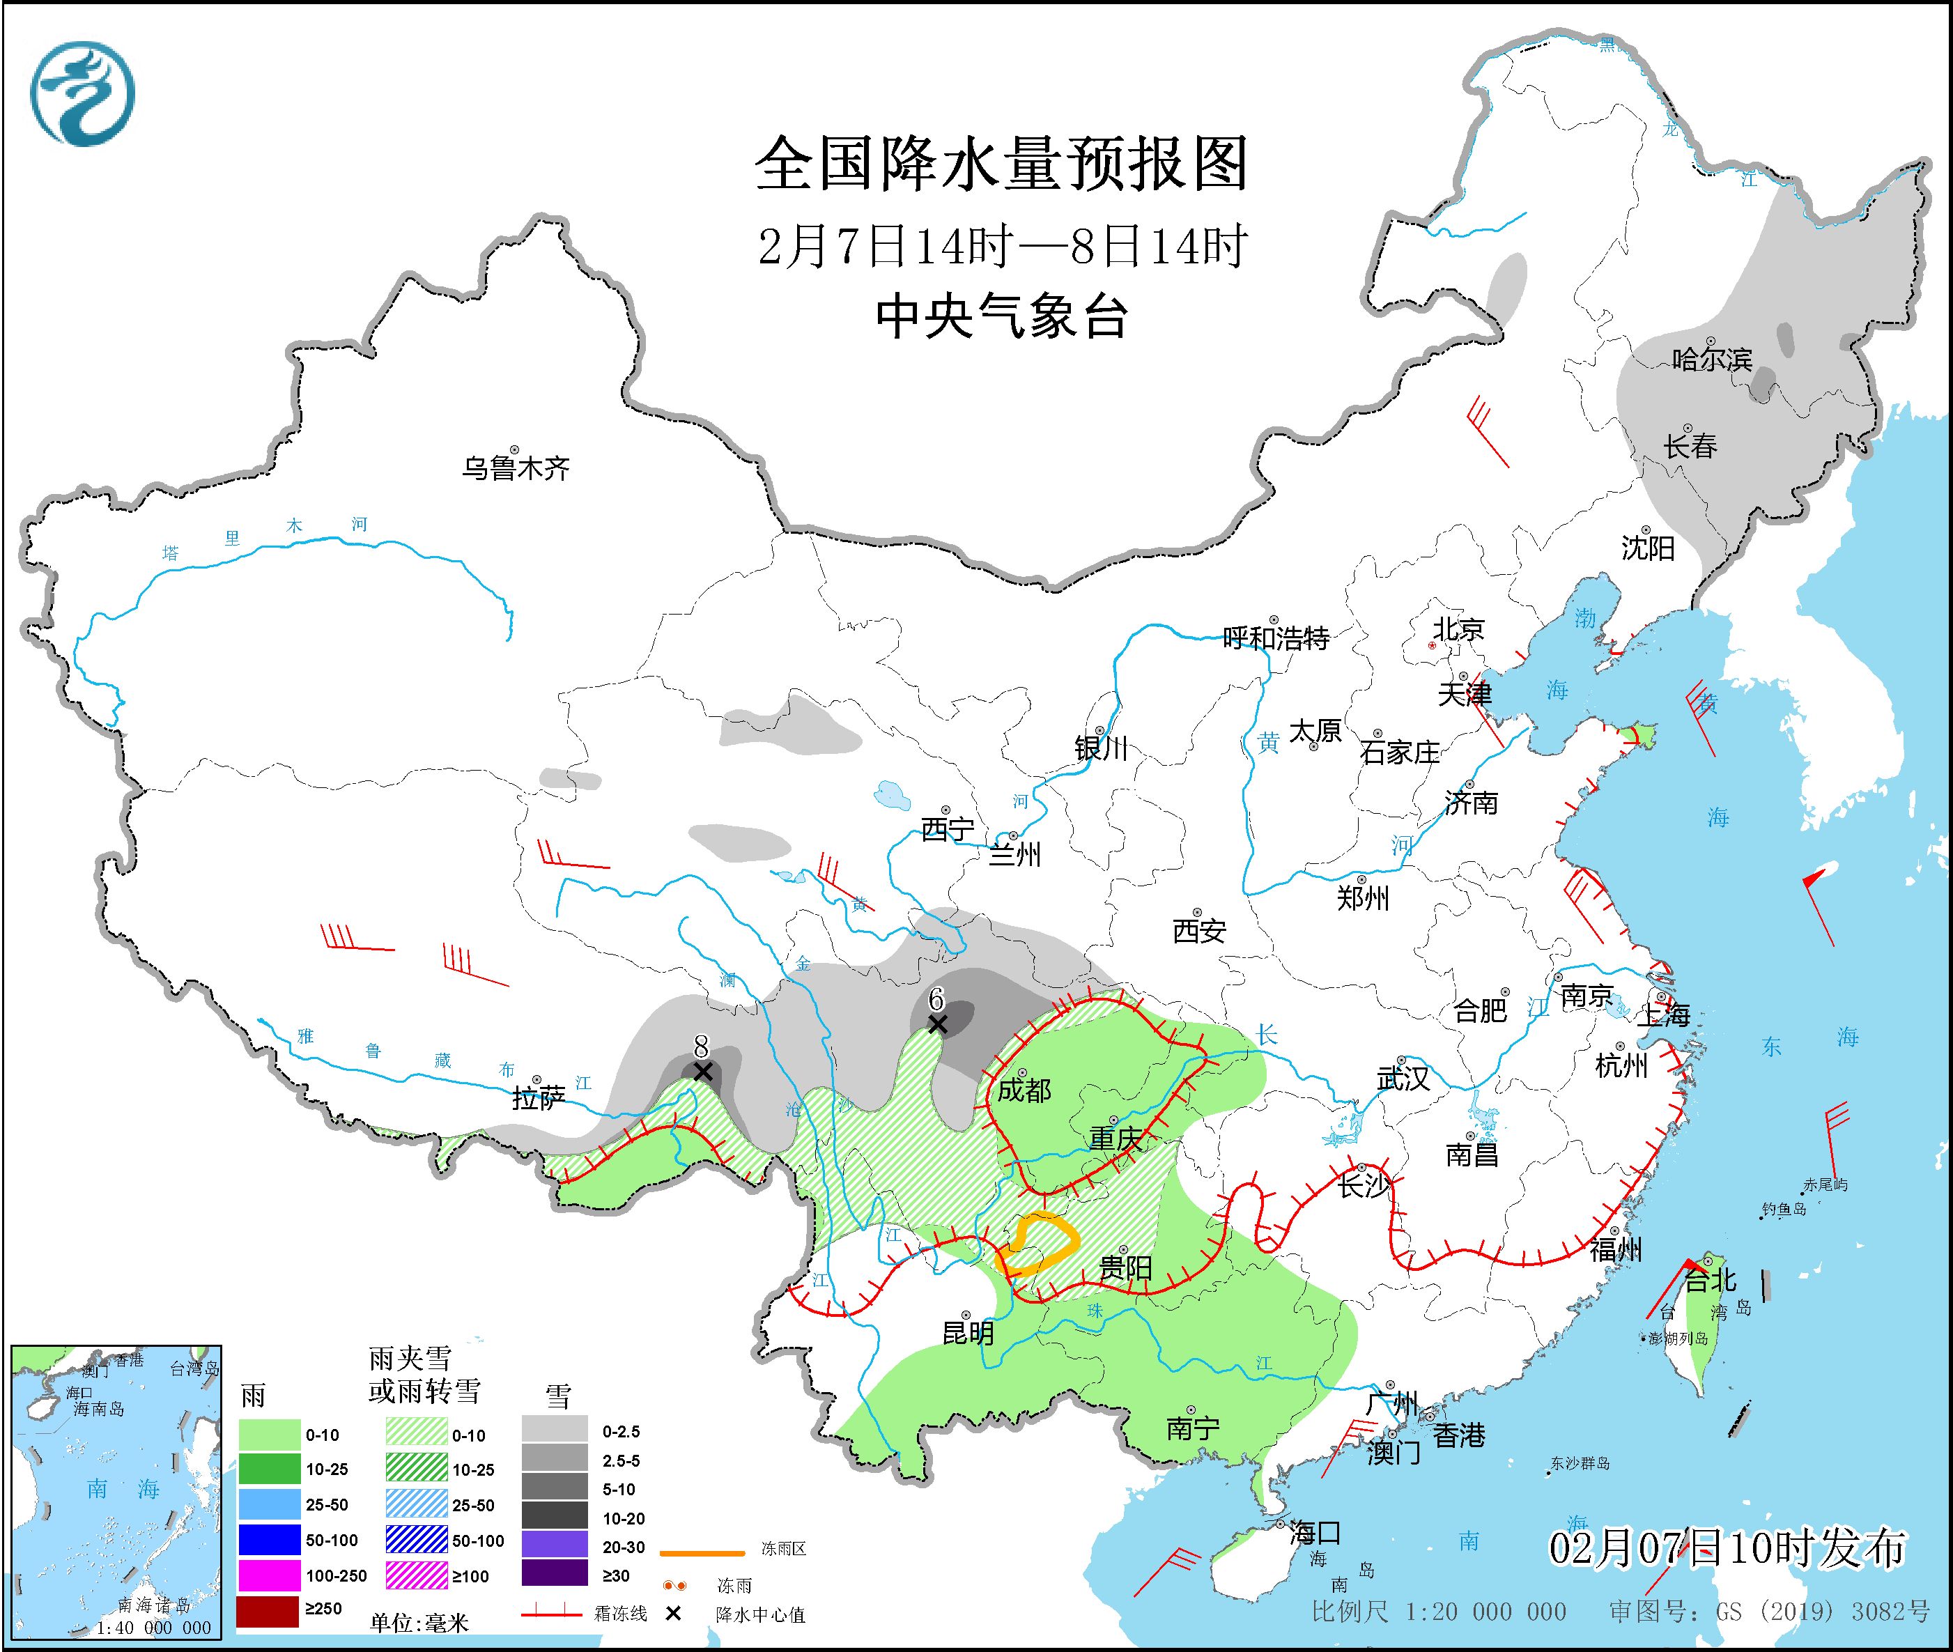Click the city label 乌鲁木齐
(x=515, y=468)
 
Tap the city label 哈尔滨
(x=1711, y=359)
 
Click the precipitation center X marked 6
(x=936, y=1024)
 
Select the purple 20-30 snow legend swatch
(x=555, y=1546)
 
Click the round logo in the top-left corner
(x=82, y=93)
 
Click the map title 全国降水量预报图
(x=1001, y=164)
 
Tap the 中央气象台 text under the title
(x=1001, y=316)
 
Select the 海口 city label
(x=1315, y=1533)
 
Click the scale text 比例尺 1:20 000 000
(x=1439, y=1611)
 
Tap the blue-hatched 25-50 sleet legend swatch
(x=417, y=1505)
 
